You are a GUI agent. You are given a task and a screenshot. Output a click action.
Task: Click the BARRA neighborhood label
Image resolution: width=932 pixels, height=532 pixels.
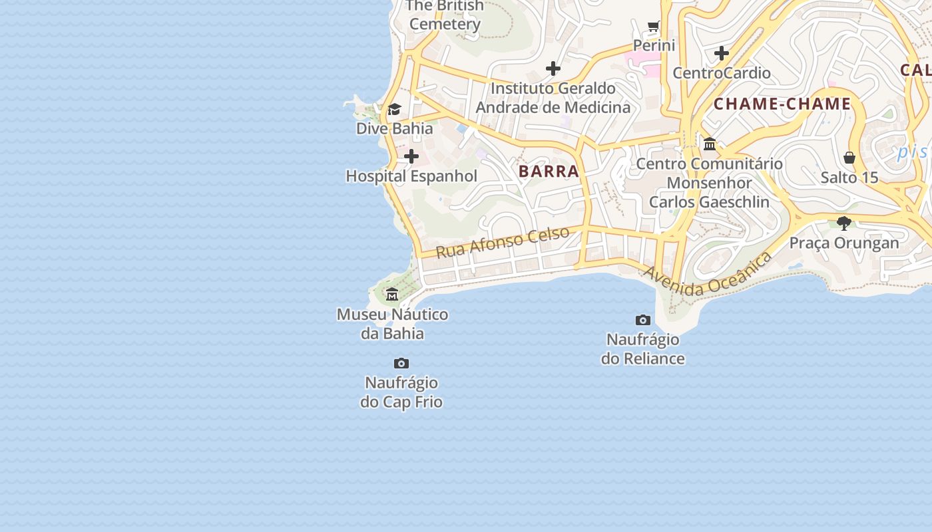[x=549, y=171]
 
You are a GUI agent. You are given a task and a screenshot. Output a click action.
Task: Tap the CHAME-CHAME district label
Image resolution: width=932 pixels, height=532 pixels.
[x=782, y=104]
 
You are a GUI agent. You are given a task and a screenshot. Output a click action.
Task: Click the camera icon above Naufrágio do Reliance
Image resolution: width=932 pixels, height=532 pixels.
[x=642, y=320]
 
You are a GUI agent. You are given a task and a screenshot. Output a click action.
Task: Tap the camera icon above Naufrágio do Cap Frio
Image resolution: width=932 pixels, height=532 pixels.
[x=401, y=363]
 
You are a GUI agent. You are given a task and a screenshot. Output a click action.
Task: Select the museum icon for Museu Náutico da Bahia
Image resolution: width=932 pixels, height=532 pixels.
[x=392, y=294]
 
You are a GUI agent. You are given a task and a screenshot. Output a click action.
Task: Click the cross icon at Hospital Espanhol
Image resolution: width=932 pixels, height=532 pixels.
[x=411, y=157]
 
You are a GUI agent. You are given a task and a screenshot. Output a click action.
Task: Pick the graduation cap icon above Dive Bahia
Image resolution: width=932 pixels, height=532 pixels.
[x=394, y=109]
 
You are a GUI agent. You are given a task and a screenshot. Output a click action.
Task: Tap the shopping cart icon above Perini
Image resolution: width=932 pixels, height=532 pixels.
[x=654, y=27]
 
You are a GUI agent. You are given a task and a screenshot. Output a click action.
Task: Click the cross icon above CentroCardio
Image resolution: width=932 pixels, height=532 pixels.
[x=722, y=53]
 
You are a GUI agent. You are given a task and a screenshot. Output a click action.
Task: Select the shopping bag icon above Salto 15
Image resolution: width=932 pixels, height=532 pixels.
[x=849, y=158]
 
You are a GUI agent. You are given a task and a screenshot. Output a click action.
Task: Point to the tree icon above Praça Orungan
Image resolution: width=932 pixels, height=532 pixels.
[x=844, y=223]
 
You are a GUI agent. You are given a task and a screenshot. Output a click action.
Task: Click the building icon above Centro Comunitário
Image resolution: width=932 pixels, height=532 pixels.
[x=710, y=144]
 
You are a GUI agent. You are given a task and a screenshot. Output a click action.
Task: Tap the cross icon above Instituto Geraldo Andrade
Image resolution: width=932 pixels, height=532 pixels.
[x=553, y=68]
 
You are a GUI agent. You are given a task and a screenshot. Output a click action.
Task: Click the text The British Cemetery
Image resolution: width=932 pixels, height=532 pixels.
[x=445, y=15]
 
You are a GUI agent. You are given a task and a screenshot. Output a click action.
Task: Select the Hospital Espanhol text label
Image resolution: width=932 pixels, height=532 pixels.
[x=411, y=176]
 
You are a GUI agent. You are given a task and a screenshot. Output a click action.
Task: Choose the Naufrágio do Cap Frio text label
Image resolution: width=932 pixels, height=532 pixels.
[x=401, y=392]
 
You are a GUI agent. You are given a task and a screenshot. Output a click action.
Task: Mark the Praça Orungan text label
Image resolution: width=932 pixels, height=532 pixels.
[x=844, y=243]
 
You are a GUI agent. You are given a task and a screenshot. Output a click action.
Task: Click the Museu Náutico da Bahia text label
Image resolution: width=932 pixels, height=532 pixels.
[x=392, y=324]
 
